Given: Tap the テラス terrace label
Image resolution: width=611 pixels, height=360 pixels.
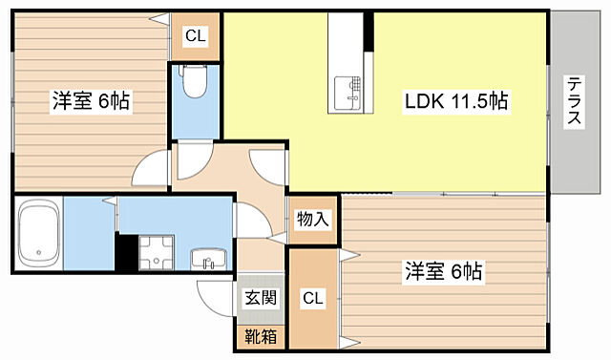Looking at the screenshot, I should click(x=576, y=102).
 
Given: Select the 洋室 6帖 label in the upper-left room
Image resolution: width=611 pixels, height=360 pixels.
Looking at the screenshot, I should click(x=91, y=99).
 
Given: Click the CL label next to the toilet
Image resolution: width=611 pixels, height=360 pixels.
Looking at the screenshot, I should click(x=195, y=36).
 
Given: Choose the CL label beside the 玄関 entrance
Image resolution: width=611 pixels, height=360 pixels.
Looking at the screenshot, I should click(x=311, y=298).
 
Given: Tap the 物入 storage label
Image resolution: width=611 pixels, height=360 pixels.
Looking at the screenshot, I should click(x=312, y=220).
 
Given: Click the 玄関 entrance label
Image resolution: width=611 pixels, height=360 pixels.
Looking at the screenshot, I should click(x=259, y=298).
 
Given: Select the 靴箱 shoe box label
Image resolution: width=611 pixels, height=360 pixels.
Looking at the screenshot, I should click(x=259, y=336).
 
